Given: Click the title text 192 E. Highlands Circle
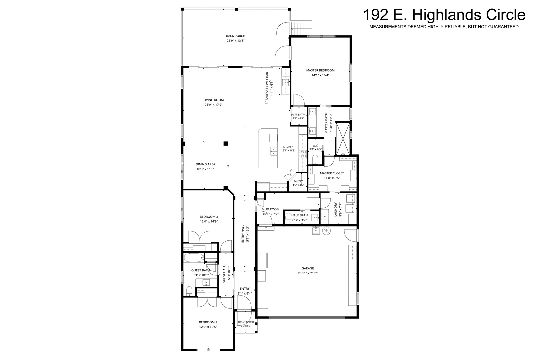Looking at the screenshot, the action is click(444, 15).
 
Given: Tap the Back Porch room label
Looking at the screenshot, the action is click(236, 36).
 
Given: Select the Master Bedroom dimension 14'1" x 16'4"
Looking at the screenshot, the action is click(320, 75).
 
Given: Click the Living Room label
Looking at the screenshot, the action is click(214, 100).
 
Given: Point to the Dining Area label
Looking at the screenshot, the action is click(205, 164).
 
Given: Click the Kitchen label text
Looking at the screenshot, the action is click(288, 147).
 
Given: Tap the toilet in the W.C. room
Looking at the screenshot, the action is click(315, 159).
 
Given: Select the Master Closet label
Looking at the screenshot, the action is click(332, 173).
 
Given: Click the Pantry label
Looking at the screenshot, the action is click(298, 181).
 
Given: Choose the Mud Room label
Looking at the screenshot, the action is click(270, 209).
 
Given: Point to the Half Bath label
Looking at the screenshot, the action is click(299, 215).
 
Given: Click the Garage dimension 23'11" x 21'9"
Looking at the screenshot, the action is click(308, 273).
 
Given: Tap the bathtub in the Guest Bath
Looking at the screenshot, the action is click(194, 258).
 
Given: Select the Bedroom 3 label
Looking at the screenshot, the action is click(209, 217).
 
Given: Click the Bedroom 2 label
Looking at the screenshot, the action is click(208, 322).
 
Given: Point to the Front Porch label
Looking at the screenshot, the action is click(246, 322).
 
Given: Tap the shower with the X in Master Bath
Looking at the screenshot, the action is click(343, 138).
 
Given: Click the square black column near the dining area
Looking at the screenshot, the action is click(226, 143).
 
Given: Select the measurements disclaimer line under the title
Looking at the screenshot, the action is click(444, 27).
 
